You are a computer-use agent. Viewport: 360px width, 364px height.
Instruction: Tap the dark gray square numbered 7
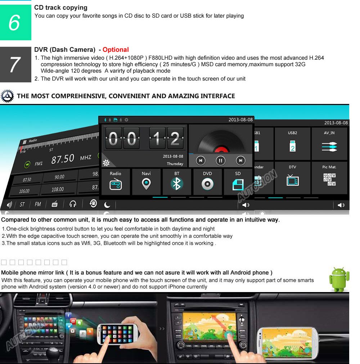[x=15, y=64]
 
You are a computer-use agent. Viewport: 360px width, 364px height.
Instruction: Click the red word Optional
[x=116, y=50]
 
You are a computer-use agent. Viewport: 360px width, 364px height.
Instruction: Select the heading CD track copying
[x=61, y=8]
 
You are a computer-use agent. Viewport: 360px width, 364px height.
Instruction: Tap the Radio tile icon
[x=116, y=185]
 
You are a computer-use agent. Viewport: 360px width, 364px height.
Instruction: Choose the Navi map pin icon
[x=146, y=185]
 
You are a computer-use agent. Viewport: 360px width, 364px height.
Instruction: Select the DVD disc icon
[x=207, y=185]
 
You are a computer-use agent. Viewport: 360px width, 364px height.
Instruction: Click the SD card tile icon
[x=238, y=185]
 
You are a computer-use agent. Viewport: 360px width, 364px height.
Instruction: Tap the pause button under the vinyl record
[x=221, y=160]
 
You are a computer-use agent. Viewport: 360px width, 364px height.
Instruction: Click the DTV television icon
[x=292, y=180]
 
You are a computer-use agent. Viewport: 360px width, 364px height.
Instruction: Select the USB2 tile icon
[x=292, y=146]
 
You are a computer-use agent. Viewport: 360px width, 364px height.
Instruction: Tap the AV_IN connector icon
[x=329, y=146]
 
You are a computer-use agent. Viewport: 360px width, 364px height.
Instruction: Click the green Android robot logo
[x=339, y=279]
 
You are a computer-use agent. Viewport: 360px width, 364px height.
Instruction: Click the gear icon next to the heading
[x=7, y=96]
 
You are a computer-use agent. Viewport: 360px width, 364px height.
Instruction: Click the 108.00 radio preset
[x=58, y=190]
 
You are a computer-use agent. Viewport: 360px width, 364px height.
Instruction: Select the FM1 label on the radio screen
[x=39, y=164]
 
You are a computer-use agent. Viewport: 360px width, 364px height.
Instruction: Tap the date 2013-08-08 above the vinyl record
[x=240, y=120]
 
